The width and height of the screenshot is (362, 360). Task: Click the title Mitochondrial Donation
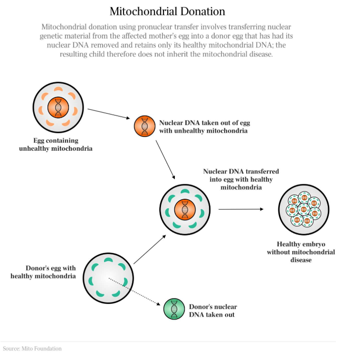tap(167, 11)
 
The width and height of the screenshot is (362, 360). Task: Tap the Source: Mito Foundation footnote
tap(32, 349)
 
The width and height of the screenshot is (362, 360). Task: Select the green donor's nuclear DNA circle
tap(174, 309)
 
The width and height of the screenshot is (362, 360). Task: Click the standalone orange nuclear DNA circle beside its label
tap(144, 126)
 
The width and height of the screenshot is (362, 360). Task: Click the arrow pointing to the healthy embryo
tap(241, 209)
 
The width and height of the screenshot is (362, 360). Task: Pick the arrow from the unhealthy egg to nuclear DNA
tap(109, 114)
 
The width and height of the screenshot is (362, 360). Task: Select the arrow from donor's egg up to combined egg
tap(150, 250)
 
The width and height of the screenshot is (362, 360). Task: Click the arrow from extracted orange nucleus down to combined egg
tap(165, 160)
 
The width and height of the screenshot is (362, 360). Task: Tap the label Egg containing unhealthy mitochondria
tap(56, 145)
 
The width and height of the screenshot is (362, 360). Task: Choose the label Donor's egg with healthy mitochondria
tap(43, 272)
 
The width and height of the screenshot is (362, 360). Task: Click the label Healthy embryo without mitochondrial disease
tap(301, 252)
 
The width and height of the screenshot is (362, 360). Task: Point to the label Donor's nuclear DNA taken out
tap(213, 311)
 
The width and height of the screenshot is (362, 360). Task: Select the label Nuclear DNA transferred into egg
tap(241, 179)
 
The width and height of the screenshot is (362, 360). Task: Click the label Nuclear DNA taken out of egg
tap(205, 126)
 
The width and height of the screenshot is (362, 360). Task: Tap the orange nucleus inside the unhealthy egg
tap(58, 107)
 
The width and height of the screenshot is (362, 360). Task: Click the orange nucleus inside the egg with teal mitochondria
tap(185, 210)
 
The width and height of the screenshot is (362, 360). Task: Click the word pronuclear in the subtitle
tap(156, 27)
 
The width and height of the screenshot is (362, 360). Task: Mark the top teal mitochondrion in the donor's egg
tap(108, 260)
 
